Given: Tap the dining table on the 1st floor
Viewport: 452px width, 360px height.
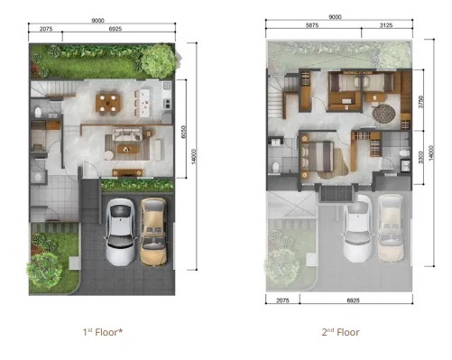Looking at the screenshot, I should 110,104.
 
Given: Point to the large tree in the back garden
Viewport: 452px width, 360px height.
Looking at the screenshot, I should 158,60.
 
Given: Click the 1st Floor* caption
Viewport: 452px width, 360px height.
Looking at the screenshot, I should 102,332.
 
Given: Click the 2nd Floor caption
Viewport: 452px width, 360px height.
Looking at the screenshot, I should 340,332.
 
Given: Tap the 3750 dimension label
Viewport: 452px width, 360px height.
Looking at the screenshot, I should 420,102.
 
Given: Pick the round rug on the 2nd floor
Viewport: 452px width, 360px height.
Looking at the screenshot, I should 384,115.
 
